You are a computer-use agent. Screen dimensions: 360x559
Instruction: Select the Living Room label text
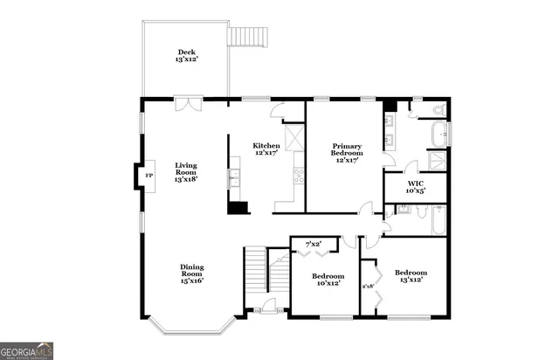pyautogui.click(x=186, y=171)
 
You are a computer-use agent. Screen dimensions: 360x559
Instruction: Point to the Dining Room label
pyautogui.click(x=192, y=274)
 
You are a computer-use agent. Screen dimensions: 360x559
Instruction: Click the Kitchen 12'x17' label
pyautogui.click(x=266, y=149)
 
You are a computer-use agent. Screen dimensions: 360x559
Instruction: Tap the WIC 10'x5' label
pyautogui.click(x=416, y=186)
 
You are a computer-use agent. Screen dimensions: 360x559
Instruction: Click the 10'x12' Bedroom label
pyautogui.click(x=327, y=280)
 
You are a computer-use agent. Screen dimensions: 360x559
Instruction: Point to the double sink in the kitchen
pyautogui.click(x=233, y=178)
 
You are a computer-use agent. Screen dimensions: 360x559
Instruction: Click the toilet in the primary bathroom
pyautogui.click(x=439, y=109)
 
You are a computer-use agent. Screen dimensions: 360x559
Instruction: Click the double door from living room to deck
pyautogui.click(x=188, y=105)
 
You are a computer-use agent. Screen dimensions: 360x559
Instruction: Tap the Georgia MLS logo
pyautogui.click(x=27, y=350)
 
